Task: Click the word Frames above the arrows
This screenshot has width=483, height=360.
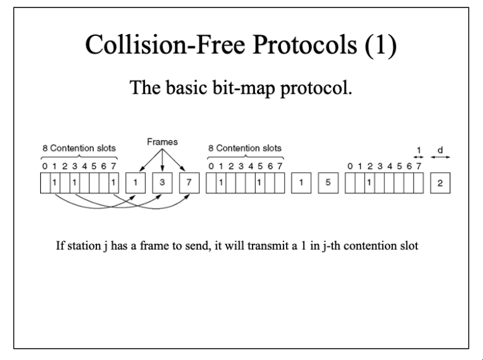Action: coord(162,142)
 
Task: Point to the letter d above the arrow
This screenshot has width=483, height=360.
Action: coord(440,149)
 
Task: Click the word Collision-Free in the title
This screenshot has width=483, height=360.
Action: coord(165,44)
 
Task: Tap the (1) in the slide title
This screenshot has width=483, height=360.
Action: coord(380,45)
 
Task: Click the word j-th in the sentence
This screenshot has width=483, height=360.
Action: coord(331,246)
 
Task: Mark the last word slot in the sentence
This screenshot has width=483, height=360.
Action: coord(409,246)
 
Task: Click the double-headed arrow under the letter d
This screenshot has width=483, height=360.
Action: coord(440,157)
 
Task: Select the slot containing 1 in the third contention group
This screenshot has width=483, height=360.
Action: coord(369,183)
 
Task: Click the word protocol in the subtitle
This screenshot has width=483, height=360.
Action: coord(316,88)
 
